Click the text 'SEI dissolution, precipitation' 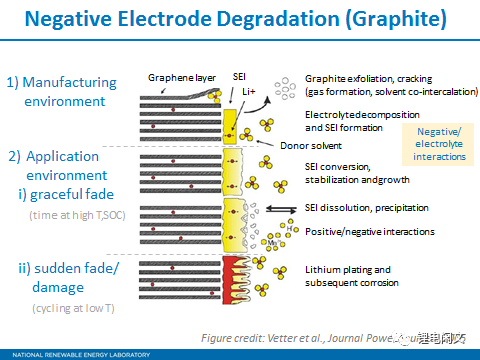[x=366, y=208]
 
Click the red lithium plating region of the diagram [x=233, y=271]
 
